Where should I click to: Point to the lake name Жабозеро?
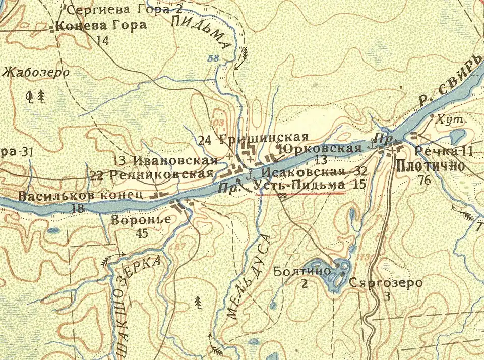point(35,72)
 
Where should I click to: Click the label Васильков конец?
point(81,195)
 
